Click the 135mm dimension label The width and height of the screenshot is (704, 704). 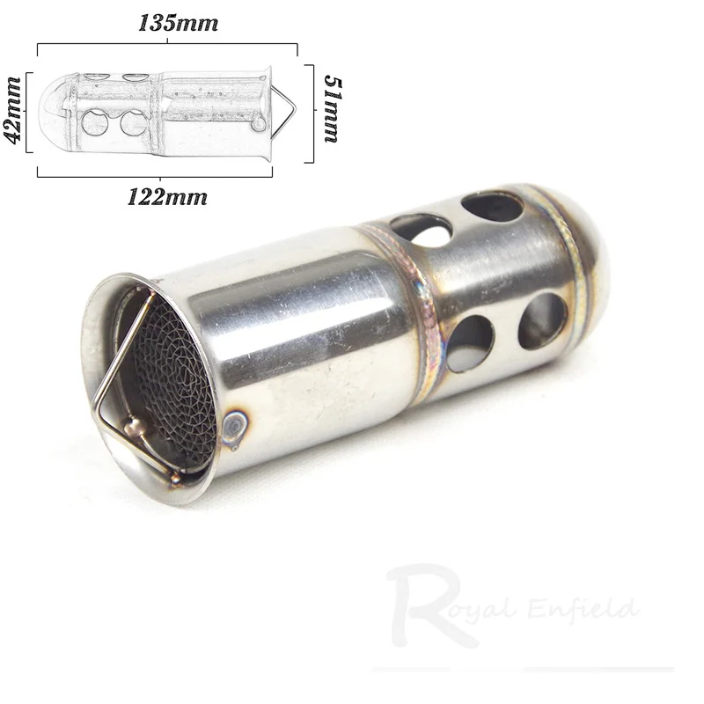click(x=179, y=23)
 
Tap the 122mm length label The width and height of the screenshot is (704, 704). click(x=167, y=197)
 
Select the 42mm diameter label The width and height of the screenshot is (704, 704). click(x=13, y=111)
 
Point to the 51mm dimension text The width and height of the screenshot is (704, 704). click(x=334, y=109)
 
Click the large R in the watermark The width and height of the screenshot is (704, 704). click(x=429, y=605)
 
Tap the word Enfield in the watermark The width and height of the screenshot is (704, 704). click(x=583, y=609)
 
